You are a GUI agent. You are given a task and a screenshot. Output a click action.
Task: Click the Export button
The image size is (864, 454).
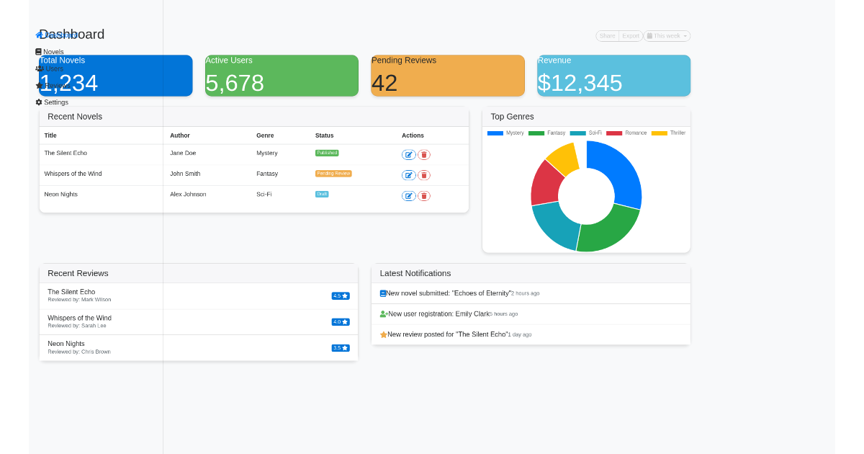tap(631, 36)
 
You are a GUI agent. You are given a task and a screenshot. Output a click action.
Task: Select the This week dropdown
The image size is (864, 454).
tap(667, 36)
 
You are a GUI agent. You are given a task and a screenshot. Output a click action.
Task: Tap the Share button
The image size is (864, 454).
tap(608, 36)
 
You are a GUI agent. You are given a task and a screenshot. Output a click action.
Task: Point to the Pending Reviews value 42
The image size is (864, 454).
tap(384, 83)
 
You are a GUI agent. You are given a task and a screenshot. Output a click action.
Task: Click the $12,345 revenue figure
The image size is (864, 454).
tap(580, 83)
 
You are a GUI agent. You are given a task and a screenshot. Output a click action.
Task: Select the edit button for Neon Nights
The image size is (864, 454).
tap(408, 196)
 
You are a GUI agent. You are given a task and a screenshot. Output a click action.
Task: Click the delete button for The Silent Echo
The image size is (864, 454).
tap(424, 155)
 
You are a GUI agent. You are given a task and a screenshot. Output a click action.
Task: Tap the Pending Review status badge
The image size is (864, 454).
tap(333, 174)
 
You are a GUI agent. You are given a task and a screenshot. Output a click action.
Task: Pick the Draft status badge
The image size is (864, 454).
tap(322, 194)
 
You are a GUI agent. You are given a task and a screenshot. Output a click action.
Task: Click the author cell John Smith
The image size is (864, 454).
tap(185, 174)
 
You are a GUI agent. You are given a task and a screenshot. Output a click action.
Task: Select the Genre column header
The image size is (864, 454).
tap(265, 135)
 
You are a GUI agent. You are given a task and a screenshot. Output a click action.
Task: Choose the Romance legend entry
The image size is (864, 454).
tap(626, 133)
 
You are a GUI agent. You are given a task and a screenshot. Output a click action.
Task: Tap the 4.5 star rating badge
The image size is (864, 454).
tap(341, 295)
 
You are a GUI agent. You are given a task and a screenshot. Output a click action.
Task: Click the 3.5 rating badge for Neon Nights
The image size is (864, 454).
tap(341, 347)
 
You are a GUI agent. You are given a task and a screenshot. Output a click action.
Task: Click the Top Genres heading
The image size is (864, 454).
tap(512, 117)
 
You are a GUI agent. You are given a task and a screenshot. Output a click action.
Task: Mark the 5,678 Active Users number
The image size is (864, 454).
tap(235, 83)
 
